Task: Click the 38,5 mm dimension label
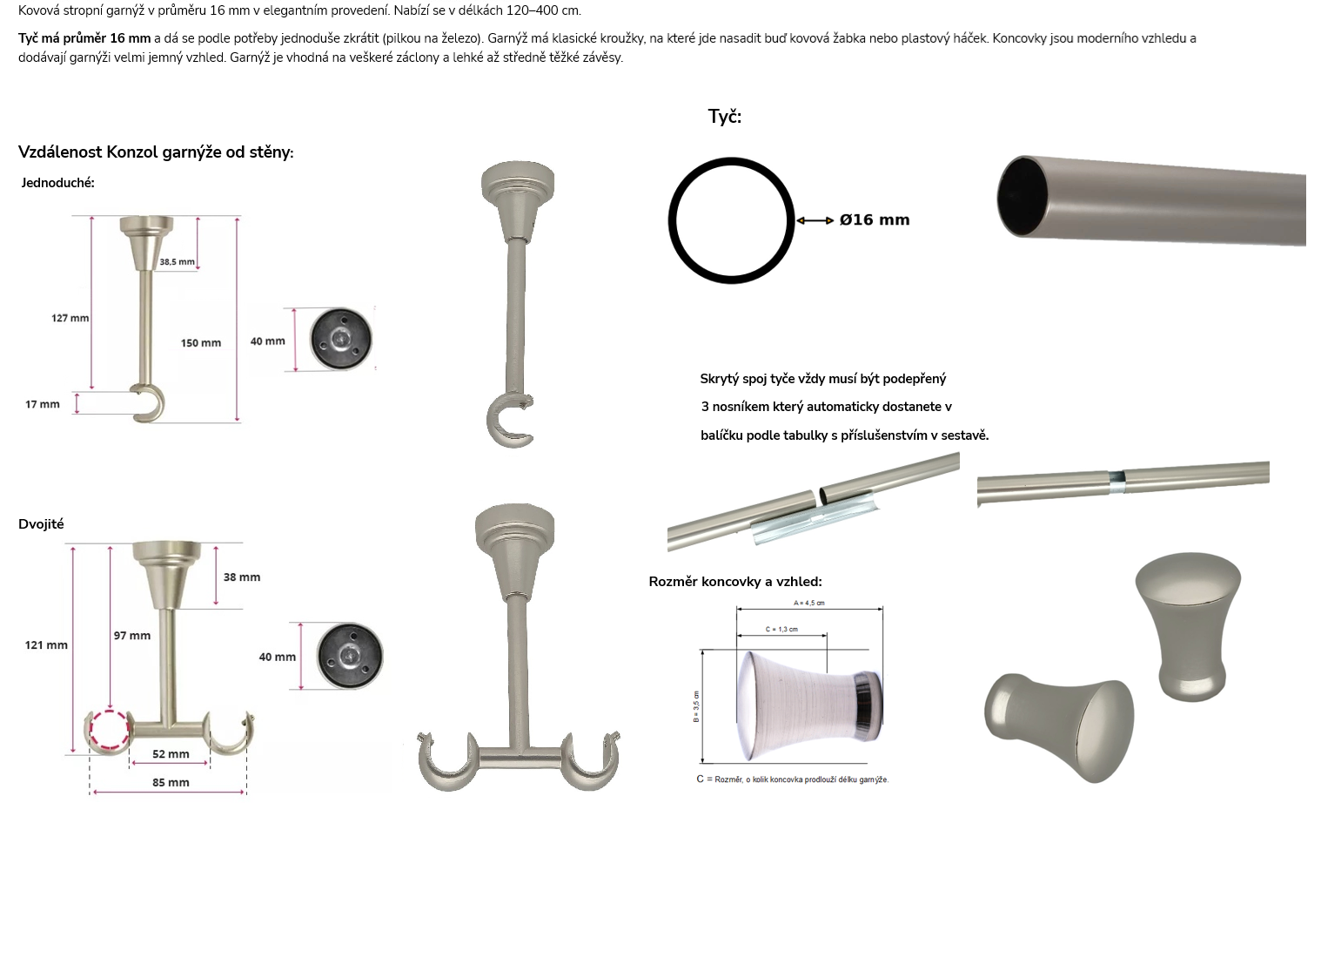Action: pos(177,261)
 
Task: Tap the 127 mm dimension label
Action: pos(70,318)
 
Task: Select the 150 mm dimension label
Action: pos(201,343)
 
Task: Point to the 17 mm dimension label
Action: pos(43,404)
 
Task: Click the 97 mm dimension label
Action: pos(132,636)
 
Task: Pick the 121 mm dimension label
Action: pos(46,645)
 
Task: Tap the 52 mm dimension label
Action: pos(171,753)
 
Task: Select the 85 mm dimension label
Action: pos(171,783)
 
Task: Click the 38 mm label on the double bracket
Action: pos(242,577)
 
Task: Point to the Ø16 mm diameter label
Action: pos(875,220)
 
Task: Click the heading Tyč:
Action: pos(725,117)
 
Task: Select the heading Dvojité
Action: pos(41,524)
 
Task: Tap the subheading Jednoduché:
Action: pos(57,183)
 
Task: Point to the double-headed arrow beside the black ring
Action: pos(815,220)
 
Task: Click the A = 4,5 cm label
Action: pos(809,604)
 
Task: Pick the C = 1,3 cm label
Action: pos(782,629)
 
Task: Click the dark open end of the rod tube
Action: pos(1022,197)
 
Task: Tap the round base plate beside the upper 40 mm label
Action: pos(341,340)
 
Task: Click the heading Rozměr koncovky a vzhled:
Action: pos(735,582)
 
